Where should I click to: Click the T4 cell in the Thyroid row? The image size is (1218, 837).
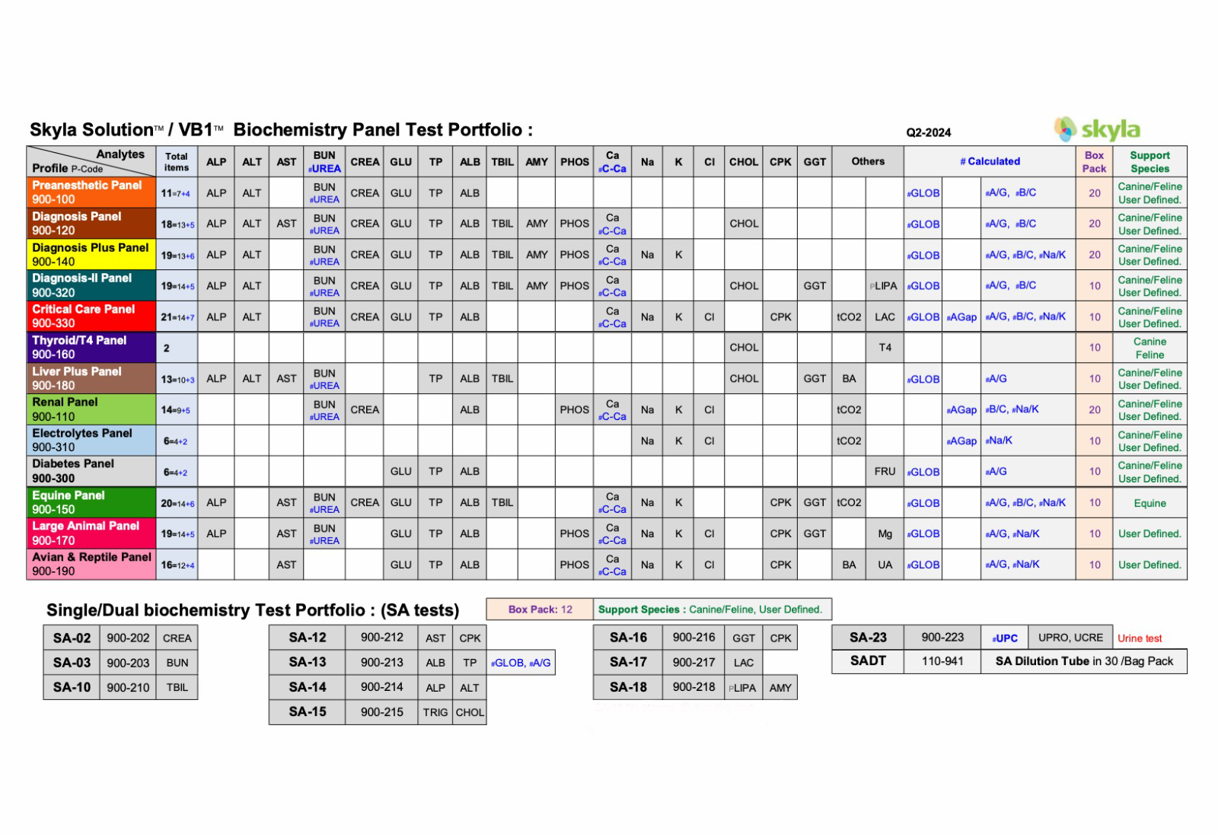coord(885,348)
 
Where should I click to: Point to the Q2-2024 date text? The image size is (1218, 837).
coord(928,132)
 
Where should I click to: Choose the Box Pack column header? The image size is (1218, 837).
coord(1094,161)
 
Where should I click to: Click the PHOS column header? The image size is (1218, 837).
coord(575,162)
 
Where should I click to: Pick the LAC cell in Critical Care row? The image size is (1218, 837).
coord(885,317)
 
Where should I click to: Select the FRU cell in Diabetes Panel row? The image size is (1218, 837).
coord(885,472)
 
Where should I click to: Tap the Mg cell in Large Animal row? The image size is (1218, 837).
coord(885,534)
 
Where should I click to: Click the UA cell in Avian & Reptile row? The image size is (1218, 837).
coord(885,565)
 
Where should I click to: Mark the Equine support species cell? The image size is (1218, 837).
coord(1149,503)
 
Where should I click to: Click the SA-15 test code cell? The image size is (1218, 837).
coord(307,711)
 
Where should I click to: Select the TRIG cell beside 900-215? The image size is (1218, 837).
coord(435,712)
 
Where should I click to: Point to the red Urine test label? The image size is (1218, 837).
coord(1140,638)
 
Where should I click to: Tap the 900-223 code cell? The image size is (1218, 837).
coord(942,638)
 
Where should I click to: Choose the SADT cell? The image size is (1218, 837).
coord(868,661)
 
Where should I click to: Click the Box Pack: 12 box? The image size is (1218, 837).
coord(540,609)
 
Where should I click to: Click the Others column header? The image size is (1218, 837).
coord(868,161)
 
